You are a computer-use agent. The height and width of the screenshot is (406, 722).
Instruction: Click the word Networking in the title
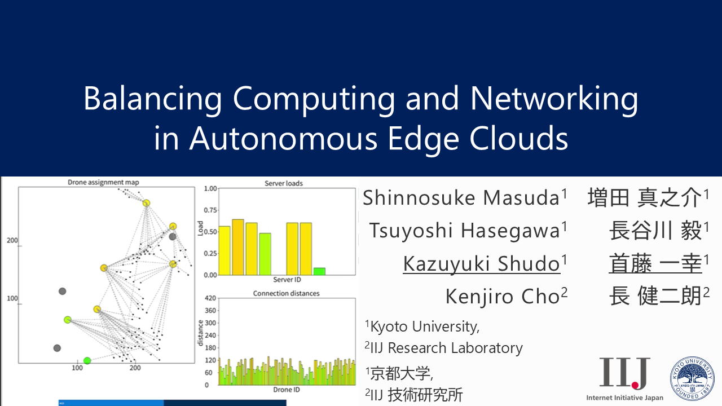point(554,99)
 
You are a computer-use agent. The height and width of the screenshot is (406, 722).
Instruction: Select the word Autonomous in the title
point(283,139)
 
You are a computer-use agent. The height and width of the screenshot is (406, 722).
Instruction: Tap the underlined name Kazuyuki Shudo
point(482,263)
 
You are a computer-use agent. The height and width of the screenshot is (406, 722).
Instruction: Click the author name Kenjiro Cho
point(503,297)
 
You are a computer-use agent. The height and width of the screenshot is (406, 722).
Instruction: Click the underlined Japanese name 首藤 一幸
point(655,263)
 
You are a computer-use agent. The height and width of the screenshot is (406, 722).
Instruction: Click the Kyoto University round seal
point(692,378)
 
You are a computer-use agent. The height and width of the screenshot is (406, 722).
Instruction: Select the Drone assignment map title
point(103,182)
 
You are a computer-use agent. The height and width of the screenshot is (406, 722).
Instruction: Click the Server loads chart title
point(284,183)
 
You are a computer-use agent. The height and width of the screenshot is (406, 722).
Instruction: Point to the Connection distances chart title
point(286,293)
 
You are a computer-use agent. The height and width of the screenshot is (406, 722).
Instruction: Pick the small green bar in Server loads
point(319,271)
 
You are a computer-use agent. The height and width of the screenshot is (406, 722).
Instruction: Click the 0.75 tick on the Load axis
point(210,210)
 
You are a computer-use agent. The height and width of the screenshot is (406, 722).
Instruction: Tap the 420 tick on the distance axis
point(210,298)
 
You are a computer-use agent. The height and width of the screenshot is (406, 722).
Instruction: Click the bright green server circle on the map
point(87,360)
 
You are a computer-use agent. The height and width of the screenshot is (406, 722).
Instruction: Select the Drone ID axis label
point(287,390)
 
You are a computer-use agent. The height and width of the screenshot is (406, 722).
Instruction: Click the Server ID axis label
point(287,279)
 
